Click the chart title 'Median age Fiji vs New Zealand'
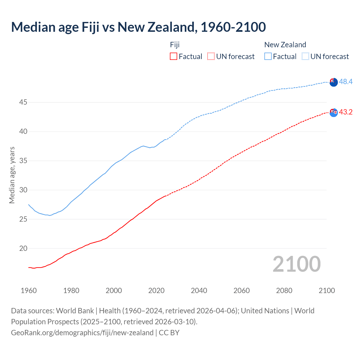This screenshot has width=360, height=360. click(138, 27)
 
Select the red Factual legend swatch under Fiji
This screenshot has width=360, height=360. click(174, 57)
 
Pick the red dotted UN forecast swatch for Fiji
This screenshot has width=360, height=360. click(211, 57)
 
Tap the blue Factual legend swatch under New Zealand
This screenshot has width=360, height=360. click(268, 57)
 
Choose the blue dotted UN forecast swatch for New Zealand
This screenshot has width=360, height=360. click(305, 57)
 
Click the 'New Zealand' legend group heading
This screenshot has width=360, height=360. click(285, 45)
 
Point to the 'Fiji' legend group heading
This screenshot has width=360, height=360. click(175, 45)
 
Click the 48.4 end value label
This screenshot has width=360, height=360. click(346, 82)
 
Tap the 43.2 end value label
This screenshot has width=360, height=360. click(346, 112)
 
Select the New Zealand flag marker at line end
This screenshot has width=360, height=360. click(334, 82)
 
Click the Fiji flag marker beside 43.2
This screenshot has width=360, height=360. click(334, 112)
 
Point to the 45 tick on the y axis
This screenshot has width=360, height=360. click(23, 102)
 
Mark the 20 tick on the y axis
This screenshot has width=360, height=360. click(23, 249)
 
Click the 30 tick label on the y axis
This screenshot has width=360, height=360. click(23, 190)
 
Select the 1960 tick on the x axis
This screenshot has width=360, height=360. click(29, 291)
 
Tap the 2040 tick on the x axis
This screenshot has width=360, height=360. click(199, 291)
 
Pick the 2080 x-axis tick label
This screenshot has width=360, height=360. click(284, 291)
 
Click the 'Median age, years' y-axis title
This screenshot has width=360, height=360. click(12, 175)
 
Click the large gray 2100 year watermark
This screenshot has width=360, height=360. click(297, 264)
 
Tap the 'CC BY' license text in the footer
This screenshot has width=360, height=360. click(169, 333)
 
